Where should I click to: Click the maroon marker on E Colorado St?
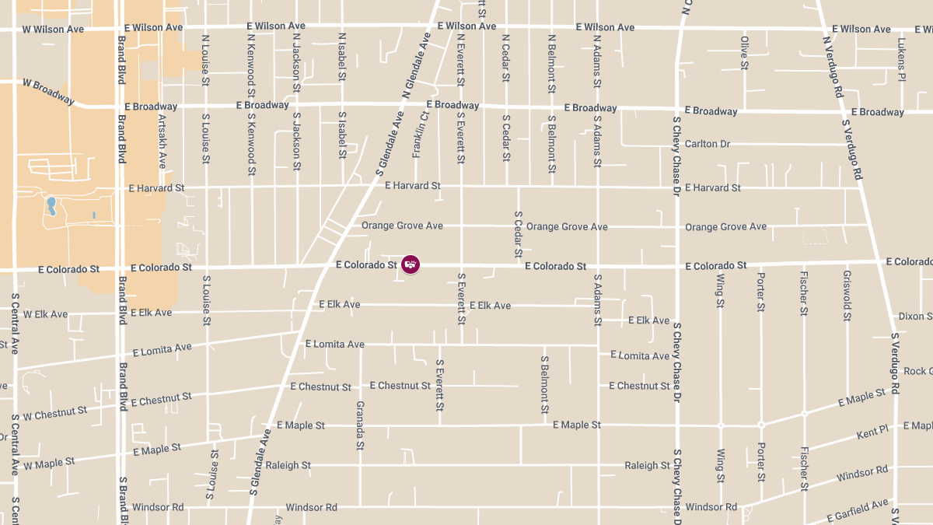point(411,264)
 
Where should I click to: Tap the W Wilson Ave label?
point(53,30)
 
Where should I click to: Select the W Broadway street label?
point(49,91)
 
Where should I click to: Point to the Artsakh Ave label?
point(162,142)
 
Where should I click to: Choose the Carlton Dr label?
point(708,144)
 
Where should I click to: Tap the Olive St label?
point(744,53)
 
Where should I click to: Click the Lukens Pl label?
point(901,59)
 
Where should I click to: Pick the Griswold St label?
point(847,296)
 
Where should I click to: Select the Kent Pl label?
point(872,432)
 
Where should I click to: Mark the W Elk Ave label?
point(45,314)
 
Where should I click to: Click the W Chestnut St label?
point(54,412)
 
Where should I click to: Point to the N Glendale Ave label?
point(417,65)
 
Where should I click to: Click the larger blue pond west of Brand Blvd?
point(51,205)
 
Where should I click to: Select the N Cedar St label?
point(506,58)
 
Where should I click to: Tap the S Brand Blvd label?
point(123,498)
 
